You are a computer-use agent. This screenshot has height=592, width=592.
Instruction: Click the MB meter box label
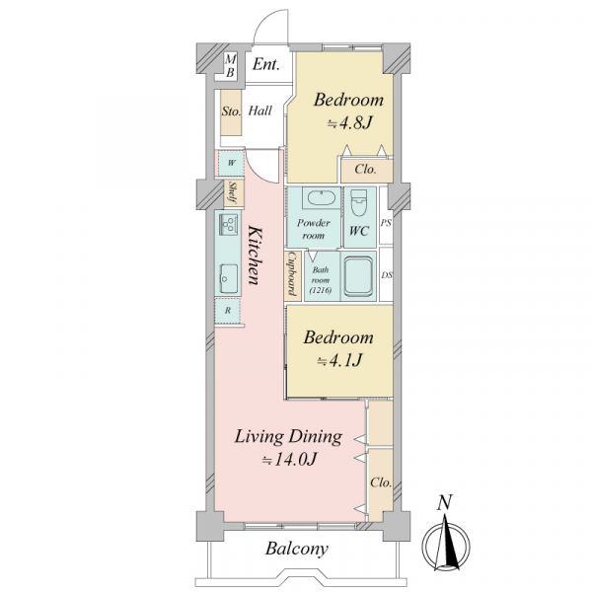click(230, 66)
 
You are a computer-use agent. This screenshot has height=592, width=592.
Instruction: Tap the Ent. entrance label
click(266, 64)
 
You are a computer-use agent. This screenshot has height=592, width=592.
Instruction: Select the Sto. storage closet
click(231, 112)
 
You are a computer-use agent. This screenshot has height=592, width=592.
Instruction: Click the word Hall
click(260, 111)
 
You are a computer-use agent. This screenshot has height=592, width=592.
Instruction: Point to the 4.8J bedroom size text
click(349, 123)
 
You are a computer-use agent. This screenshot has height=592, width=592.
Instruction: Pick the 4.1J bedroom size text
click(339, 360)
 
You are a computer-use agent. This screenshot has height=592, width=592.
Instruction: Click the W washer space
click(231, 163)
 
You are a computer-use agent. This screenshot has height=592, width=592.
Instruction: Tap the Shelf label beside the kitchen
click(233, 192)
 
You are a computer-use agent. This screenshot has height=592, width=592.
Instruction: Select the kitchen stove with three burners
click(228, 223)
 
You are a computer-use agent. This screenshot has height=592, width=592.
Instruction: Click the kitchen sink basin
click(229, 278)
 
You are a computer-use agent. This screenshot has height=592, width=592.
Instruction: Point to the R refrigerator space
click(227, 311)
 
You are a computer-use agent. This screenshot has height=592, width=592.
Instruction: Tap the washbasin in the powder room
click(322, 197)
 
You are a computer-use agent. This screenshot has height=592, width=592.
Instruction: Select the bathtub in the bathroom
click(358, 276)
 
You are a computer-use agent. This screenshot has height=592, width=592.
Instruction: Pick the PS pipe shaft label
click(386, 223)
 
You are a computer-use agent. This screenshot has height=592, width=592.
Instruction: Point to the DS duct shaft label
click(386, 275)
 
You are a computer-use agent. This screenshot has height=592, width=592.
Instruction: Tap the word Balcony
click(296, 549)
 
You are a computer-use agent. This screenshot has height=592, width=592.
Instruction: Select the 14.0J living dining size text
click(289, 460)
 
